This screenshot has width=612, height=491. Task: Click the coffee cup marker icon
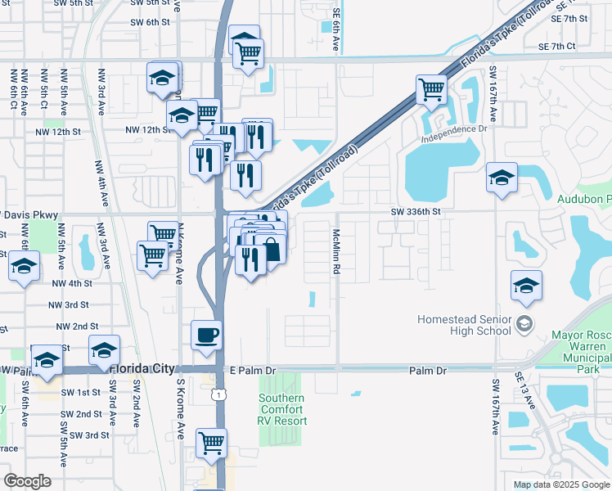coord(206,334)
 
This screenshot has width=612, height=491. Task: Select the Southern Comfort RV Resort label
coord(282,409)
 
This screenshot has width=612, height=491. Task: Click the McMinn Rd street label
coord(335,250)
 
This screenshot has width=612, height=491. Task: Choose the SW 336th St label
coord(416,211)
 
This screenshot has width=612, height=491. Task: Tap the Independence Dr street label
coord(454,129)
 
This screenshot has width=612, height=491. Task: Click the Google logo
coord(27,481)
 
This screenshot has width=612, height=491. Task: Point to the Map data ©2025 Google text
coord(561,484)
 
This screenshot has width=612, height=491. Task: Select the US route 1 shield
coord(217,395)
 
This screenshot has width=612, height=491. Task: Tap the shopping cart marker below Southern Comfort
coord(212,443)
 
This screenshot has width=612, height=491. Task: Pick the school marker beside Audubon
coord(502,177)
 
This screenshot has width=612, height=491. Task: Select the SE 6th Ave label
coord(335,38)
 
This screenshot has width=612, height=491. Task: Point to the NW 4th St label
coord(72,283)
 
